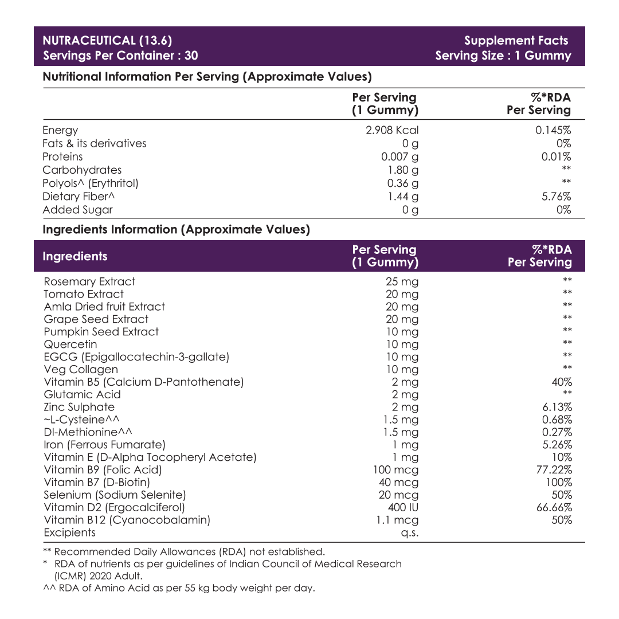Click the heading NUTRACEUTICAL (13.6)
107,41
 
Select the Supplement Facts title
516,41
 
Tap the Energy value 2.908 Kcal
392,130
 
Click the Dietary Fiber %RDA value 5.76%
556,197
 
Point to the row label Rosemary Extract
89,281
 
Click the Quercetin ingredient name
70,344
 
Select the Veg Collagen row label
81,370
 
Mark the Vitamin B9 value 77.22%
553,470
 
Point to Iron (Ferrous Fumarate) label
104,445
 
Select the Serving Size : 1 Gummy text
503,56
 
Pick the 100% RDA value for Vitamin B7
559,483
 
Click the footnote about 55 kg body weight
179,588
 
